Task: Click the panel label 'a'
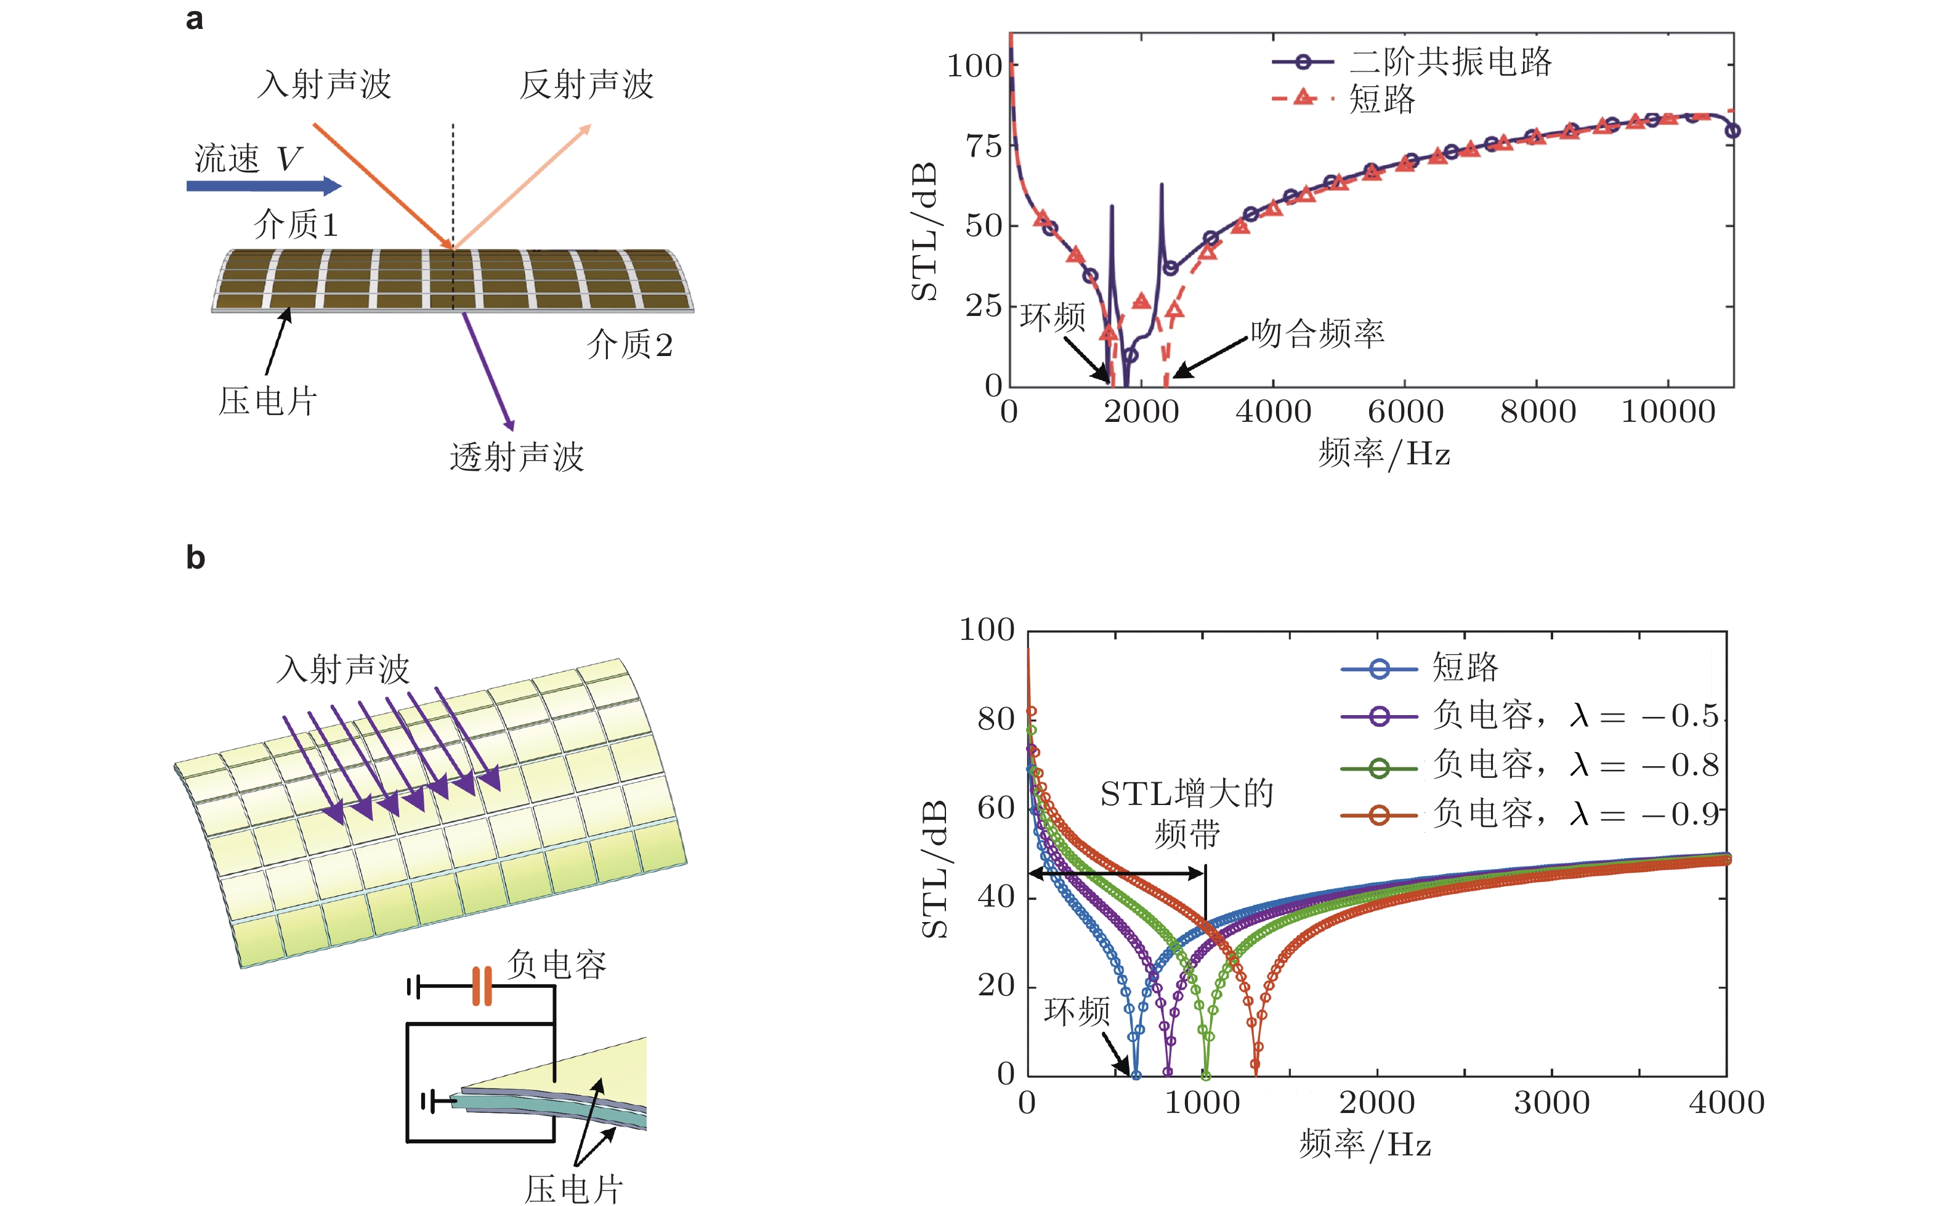(x=194, y=19)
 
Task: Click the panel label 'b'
(x=195, y=557)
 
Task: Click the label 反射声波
(x=586, y=84)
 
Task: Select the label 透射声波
(x=517, y=458)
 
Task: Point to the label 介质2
(x=630, y=344)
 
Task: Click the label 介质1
(x=296, y=224)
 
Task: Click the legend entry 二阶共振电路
(x=1450, y=62)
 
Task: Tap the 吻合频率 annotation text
(x=1317, y=333)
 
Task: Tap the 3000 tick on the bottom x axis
(x=1551, y=1103)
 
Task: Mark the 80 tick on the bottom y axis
(x=995, y=719)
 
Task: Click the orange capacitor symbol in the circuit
(x=482, y=987)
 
